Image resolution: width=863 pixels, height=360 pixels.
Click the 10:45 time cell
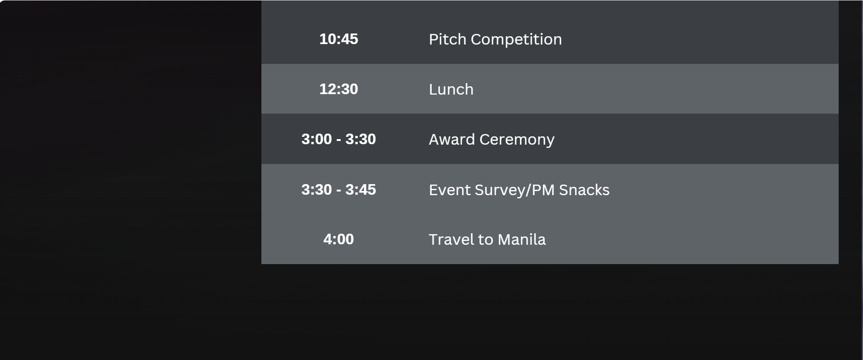tap(338, 39)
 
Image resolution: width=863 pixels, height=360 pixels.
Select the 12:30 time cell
tap(338, 89)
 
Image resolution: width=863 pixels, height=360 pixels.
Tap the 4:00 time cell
tap(338, 239)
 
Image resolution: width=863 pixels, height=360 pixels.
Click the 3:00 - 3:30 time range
tap(338, 139)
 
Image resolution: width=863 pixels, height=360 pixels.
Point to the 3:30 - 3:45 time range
tap(338, 190)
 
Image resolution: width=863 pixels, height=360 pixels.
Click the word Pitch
tap(448, 39)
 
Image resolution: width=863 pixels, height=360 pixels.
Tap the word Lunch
tap(451, 90)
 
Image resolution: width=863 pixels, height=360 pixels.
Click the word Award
tap(452, 140)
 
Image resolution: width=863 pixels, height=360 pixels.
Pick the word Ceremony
tap(517, 140)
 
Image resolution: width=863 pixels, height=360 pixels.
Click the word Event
tap(450, 190)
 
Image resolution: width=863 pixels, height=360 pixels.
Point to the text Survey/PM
tap(515, 191)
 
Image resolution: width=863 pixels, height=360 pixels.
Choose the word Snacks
tap(584, 190)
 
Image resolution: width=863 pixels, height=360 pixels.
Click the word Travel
tap(451, 240)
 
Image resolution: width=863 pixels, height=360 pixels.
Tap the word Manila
tap(522, 240)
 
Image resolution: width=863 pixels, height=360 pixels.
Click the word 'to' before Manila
tap(486, 240)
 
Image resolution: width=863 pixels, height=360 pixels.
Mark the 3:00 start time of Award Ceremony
tap(316, 139)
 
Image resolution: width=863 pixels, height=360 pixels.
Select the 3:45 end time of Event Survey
tap(361, 190)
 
